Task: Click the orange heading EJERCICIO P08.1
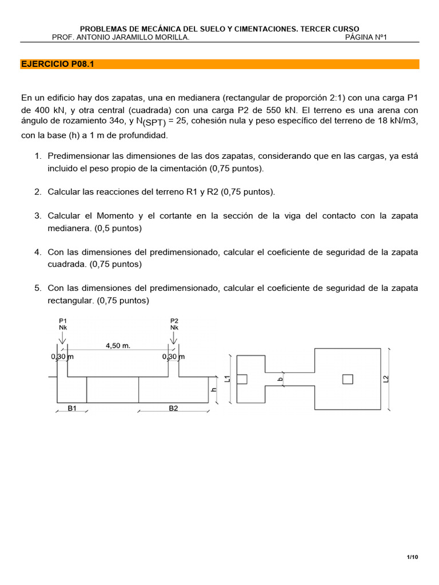tap(57, 65)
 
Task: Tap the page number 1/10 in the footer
tap(412, 557)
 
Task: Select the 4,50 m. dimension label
tap(119, 345)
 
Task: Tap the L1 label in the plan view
tap(227, 379)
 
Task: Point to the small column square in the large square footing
tap(348, 379)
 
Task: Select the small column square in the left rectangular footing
tap(242, 379)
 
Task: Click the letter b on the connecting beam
tap(280, 379)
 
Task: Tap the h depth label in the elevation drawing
tap(214, 390)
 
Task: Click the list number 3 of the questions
tap(38, 215)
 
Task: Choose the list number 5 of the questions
tap(38, 289)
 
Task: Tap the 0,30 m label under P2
tap(174, 357)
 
